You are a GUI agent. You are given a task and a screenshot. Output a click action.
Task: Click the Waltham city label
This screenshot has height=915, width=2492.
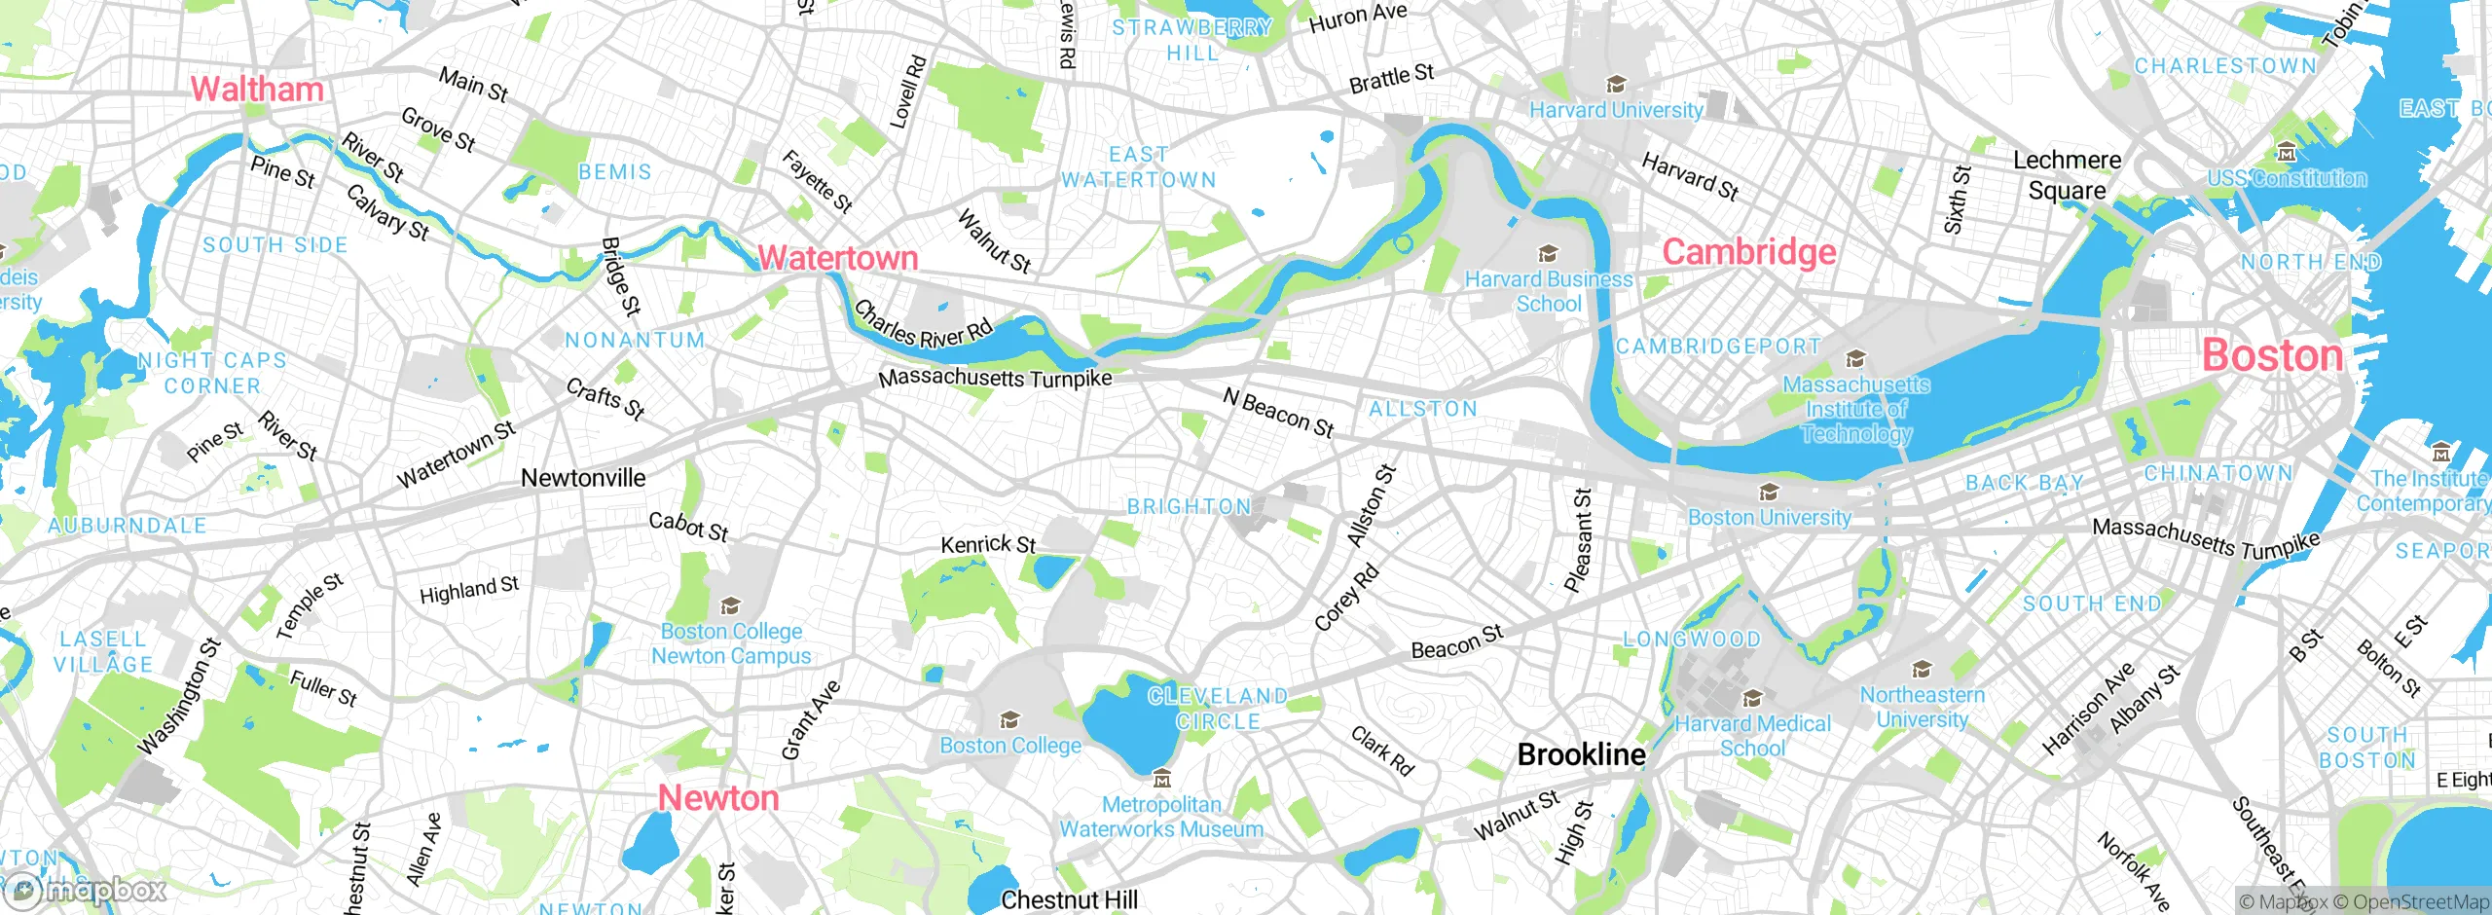click(257, 90)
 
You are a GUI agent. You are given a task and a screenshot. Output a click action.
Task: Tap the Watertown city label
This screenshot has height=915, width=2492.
click(838, 258)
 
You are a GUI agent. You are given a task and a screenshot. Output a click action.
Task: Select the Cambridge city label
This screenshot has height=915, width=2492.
click(1749, 252)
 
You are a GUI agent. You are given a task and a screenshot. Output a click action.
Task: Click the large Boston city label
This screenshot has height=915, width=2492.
click(2272, 355)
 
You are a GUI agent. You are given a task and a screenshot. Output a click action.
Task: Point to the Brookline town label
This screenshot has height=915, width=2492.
click(1581, 754)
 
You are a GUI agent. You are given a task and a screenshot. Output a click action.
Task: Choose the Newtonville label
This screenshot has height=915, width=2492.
click(583, 478)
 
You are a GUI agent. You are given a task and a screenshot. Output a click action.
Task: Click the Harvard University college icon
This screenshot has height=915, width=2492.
click(1616, 85)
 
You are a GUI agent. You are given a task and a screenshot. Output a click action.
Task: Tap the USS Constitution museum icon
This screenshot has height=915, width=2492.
click(2287, 153)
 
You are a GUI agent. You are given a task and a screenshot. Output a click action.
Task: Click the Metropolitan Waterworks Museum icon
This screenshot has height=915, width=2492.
click(1161, 779)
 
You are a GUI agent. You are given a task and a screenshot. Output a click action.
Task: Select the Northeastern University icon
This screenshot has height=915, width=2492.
click(1922, 670)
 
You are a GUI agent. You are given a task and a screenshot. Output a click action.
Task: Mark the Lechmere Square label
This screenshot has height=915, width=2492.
click(2067, 175)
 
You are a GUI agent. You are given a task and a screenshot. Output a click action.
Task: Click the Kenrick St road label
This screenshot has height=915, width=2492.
click(987, 544)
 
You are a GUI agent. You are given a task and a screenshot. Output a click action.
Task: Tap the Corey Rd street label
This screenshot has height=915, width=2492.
click(1346, 597)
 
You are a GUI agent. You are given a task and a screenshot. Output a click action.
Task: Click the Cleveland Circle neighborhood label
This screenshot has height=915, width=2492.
click(1218, 709)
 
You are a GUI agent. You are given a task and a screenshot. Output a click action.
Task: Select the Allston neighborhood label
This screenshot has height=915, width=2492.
click(1423, 409)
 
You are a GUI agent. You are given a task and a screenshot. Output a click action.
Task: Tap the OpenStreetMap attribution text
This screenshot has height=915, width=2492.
click(2410, 902)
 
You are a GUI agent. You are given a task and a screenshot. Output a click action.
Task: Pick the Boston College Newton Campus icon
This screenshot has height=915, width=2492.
click(730, 606)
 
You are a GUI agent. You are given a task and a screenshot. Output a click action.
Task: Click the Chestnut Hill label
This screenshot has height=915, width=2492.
click(1069, 899)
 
